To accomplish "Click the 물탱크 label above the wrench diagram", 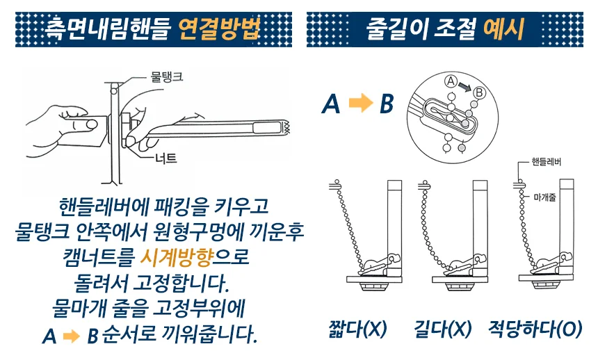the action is click(167, 76).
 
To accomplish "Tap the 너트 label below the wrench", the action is click(166, 158).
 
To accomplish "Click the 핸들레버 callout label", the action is click(547, 162).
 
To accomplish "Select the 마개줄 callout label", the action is click(544, 197).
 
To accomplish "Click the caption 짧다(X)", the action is click(357, 329).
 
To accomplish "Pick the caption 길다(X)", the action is click(443, 329).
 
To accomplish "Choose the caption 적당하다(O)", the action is click(535, 329).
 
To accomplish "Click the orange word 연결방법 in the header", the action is click(219, 29).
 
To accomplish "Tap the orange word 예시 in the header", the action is click(503, 29).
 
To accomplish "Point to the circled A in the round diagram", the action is click(451, 81).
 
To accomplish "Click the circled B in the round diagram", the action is click(479, 92).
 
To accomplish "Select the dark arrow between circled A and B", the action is click(465, 87).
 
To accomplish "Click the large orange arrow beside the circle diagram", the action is click(361, 103).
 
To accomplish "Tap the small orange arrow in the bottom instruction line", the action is click(72, 336).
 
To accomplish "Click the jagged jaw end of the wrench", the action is click(286, 127).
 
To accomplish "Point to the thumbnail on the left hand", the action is click(92, 124).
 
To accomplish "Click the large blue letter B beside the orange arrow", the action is click(387, 104).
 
